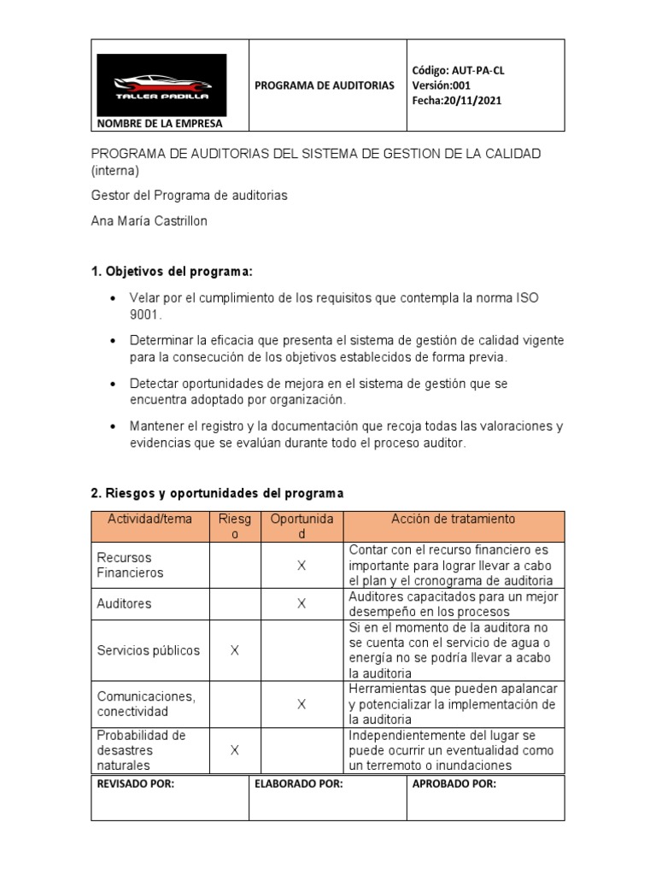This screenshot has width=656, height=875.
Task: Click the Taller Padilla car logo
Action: click(161, 85)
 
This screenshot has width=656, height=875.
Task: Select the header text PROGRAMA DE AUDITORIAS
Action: click(325, 85)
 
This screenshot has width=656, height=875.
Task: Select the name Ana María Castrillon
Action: click(149, 221)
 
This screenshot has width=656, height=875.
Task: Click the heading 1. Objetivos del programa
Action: click(172, 272)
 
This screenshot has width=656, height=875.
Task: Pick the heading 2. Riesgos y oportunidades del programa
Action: click(217, 494)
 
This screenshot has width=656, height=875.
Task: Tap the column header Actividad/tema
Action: click(150, 520)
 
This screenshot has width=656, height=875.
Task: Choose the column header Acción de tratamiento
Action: click(454, 520)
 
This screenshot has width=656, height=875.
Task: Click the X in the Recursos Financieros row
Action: click(302, 566)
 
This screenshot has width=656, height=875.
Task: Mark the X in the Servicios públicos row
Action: click(235, 650)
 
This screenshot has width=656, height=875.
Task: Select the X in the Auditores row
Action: click(302, 604)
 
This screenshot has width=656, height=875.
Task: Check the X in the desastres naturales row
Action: click(235, 750)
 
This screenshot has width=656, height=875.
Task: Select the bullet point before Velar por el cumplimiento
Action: click(114, 298)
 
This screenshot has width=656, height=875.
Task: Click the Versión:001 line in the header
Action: click(442, 85)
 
